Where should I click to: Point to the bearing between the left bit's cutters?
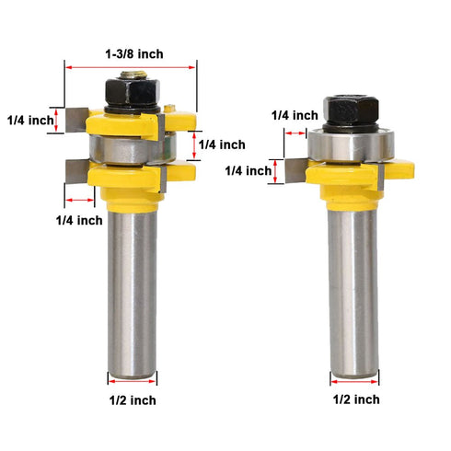pos(129,146)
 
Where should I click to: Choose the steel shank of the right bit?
pos(353,295)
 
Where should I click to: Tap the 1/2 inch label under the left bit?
pos(130,399)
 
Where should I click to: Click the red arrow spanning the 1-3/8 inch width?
pos(131,66)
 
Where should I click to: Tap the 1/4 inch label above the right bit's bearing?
pos(295,115)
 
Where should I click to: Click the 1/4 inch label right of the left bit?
pos(221,145)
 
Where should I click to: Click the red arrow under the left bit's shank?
pos(131,378)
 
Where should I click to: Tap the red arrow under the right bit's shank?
pos(353,379)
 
